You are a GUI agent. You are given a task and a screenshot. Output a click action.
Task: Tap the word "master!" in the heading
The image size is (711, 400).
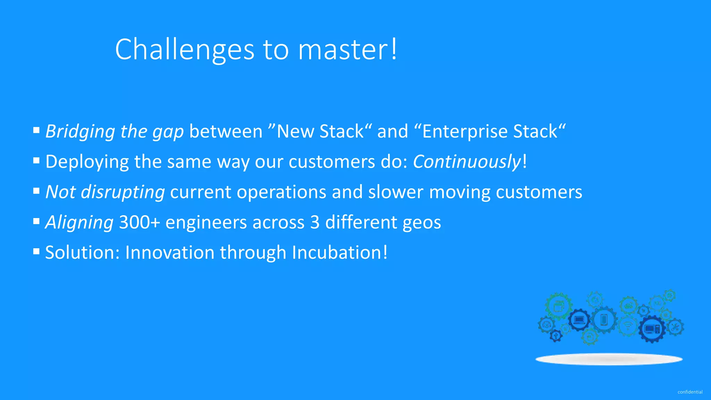click(347, 50)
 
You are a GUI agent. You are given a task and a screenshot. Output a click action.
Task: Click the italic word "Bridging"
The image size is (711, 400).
click(80, 132)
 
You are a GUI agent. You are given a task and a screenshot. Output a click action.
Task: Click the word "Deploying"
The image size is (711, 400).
click(87, 162)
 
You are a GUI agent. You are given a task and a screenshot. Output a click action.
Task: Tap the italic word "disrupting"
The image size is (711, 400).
click(123, 192)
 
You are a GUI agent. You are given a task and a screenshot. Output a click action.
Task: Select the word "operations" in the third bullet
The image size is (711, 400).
click(281, 192)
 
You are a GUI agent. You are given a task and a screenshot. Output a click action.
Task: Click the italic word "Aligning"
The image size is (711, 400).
click(79, 222)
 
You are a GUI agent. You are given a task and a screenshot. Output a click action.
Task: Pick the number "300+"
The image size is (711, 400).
click(139, 222)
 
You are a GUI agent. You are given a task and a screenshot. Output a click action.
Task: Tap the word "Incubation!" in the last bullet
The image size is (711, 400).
click(340, 252)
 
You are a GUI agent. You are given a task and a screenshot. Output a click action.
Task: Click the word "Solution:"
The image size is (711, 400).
click(82, 252)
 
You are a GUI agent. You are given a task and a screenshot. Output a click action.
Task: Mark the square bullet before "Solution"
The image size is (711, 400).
click(36, 251)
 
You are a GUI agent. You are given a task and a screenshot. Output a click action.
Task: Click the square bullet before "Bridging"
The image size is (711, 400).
click(36, 130)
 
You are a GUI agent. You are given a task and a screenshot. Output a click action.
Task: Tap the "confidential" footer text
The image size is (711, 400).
click(690, 392)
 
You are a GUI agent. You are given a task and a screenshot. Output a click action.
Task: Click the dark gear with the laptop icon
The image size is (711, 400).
click(579, 319)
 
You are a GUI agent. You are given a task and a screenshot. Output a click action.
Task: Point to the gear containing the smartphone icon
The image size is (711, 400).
click(604, 319)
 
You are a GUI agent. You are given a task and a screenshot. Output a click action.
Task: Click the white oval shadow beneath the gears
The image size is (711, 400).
click(609, 359)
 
